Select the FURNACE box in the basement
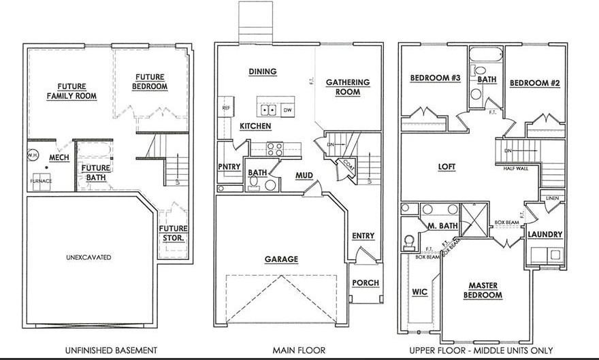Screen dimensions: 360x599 (41, 182)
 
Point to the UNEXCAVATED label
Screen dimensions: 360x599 (88, 257)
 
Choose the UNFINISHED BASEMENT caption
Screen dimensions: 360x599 (111, 350)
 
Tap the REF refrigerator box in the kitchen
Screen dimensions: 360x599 (225, 108)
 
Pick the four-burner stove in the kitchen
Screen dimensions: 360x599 (275, 148)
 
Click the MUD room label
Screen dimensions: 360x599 (304, 176)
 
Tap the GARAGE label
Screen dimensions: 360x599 (281, 259)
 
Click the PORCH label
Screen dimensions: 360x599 (366, 283)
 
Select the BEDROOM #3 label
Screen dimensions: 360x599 (436, 78)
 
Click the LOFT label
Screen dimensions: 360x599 (447, 167)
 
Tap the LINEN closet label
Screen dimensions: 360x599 (553, 198)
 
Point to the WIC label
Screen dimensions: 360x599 (419, 293)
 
